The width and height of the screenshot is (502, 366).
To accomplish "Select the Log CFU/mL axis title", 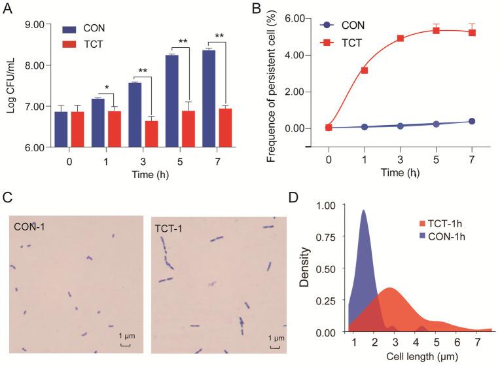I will [x=10, y=85].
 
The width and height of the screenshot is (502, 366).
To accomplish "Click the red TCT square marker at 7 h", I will [x=471, y=33].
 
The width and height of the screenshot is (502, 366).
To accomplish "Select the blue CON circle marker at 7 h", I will [x=471, y=121].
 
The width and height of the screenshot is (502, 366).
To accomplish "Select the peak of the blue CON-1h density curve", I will [x=363, y=211].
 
